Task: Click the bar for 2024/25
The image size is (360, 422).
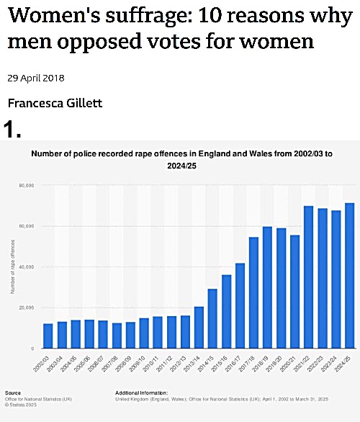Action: pyautogui.click(x=350, y=276)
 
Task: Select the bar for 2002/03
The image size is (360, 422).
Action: pyautogui.click(x=48, y=336)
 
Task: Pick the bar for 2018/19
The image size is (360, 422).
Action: pyautogui.click(x=267, y=287)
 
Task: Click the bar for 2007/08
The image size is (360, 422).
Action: pyautogui.click(x=117, y=336)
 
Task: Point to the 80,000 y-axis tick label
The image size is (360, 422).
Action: pyautogui.click(x=27, y=186)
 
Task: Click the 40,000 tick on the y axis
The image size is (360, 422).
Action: pyautogui.click(x=27, y=267)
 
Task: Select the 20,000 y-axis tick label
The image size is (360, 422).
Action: pyautogui.click(x=27, y=307)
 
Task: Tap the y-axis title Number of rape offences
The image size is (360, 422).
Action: pyautogui.click(x=12, y=267)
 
